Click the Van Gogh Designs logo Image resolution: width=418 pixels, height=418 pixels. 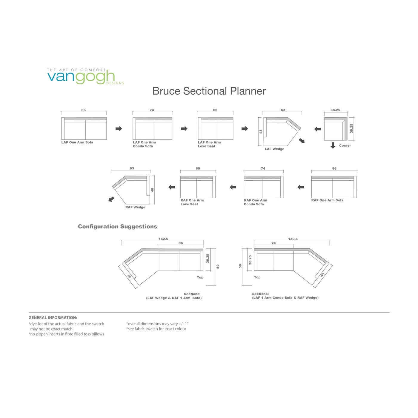tap(85, 76)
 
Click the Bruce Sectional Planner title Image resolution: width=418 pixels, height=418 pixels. tap(209, 91)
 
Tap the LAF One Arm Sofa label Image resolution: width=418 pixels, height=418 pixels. tap(77, 142)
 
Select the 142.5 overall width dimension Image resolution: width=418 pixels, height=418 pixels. tap(163, 239)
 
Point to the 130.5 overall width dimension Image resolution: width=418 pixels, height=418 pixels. tap(293, 239)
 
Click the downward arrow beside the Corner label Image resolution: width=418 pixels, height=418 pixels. tap(333, 145)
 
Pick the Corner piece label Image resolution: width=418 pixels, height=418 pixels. tap(345, 145)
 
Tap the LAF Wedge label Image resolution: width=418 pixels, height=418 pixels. tap(274, 149)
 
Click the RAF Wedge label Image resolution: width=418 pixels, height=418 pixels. tap(135, 207)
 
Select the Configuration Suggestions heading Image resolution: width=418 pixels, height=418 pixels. tap(117, 226)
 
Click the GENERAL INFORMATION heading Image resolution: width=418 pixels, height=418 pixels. tap(53, 318)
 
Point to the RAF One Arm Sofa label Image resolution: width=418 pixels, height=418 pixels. tap(327, 200)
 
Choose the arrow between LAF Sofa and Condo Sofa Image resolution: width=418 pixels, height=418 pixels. tap(119, 129)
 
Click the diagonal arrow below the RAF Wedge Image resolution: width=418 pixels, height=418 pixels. tap(111, 199)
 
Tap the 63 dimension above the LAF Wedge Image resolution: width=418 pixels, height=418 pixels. tap(283, 110)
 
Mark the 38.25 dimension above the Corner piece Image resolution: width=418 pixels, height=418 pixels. tap(335, 110)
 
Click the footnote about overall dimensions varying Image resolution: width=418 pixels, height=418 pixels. tap(157, 324)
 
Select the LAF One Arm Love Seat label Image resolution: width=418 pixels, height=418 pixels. tap(209, 144)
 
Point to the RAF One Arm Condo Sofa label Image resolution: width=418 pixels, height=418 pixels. tap(255, 202)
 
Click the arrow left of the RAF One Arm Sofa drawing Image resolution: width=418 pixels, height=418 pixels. tap(301, 187)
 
